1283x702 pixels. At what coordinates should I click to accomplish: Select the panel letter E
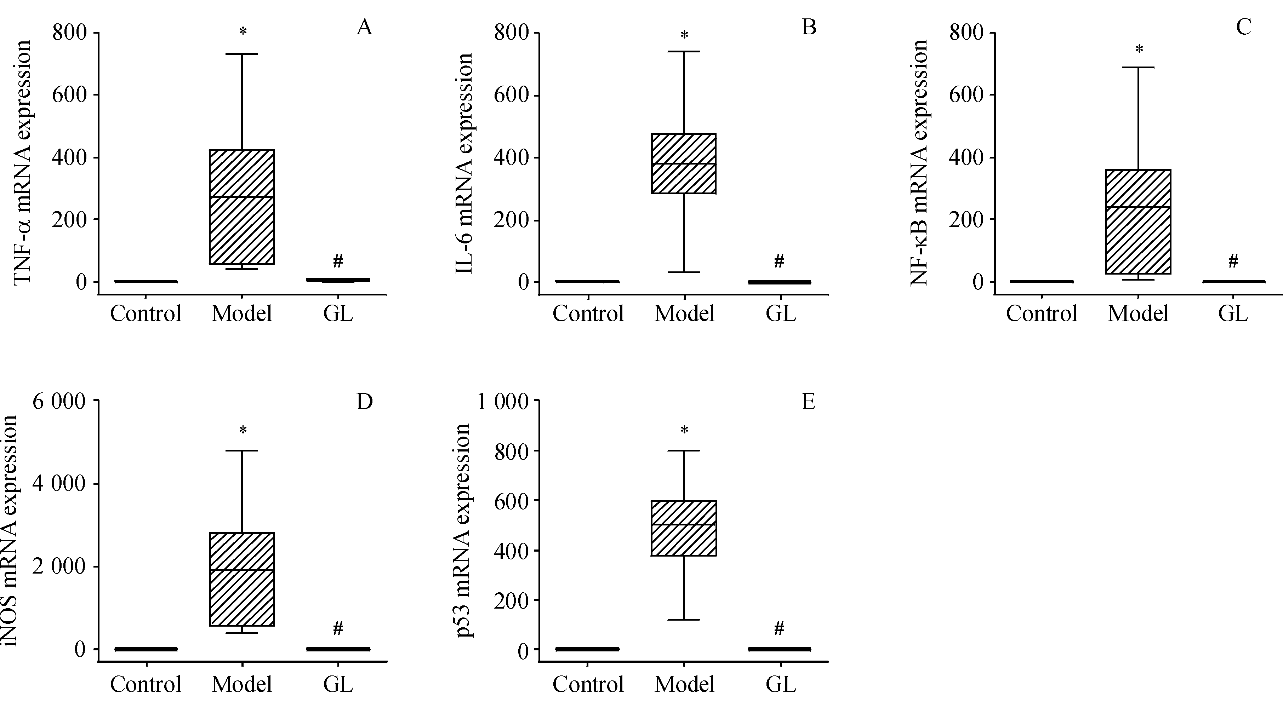[x=808, y=401]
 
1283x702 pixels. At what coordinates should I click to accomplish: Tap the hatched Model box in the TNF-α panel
[x=242, y=207]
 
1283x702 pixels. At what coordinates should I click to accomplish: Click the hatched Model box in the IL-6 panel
[x=684, y=163]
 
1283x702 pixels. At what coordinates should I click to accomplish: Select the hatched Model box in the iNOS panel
[x=242, y=579]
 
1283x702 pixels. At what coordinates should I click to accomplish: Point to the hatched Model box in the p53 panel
[x=684, y=528]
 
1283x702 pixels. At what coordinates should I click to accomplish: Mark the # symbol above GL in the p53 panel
[x=780, y=628]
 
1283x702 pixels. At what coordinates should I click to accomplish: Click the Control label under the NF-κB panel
[x=1042, y=313]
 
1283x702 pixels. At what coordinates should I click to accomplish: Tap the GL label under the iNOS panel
[x=338, y=685]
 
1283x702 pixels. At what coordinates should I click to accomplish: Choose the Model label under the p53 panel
[x=684, y=685]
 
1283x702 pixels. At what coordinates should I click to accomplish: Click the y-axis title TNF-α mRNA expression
[x=22, y=162]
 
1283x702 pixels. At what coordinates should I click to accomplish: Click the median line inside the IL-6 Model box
[x=684, y=163]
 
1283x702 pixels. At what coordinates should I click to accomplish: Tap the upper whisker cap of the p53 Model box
[x=684, y=450]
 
